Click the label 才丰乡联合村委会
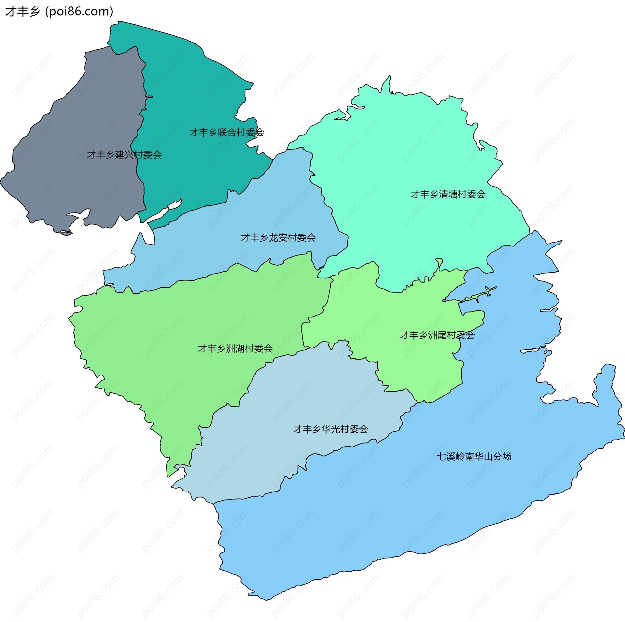tap(227, 133)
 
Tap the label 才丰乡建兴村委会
tap(124, 155)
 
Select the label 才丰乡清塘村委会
tap(448, 195)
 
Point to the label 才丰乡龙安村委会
tap(278, 238)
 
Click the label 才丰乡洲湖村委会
tap(235, 349)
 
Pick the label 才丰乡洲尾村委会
tap(437, 335)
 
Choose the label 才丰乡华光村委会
tap(330, 429)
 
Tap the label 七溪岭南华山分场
tap(474, 456)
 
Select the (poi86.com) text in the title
tap(79, 12)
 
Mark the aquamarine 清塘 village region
tap(407, 147)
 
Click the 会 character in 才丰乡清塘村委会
tap(481, 195)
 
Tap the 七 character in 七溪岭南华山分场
tap(441, 456)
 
